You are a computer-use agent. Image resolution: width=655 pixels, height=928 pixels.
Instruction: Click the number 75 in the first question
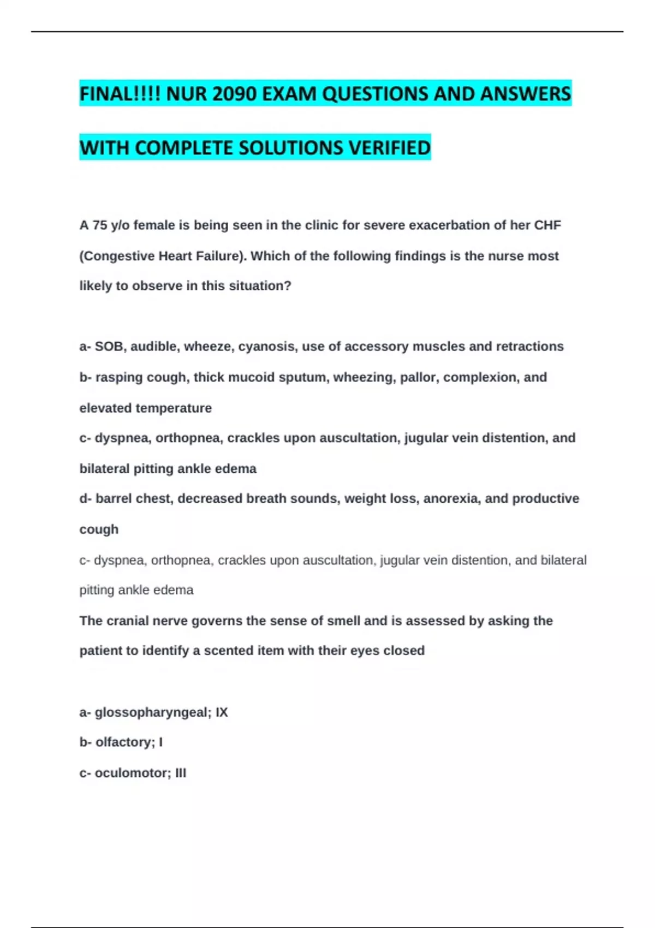point(100,225)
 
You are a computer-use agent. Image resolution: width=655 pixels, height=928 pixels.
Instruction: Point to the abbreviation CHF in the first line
point(547,225)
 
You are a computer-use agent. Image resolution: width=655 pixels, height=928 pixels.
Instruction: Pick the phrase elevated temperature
point(145,408)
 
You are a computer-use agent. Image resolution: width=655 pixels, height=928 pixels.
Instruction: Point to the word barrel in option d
point(113,499)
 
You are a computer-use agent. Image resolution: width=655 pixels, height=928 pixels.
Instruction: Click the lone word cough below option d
point(99,530)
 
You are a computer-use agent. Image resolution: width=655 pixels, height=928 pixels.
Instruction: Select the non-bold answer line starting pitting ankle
point(136,590)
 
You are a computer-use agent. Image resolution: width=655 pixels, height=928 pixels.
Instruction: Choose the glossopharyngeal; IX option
point(153,712)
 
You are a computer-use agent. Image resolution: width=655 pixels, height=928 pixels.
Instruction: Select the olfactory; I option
point(121,742)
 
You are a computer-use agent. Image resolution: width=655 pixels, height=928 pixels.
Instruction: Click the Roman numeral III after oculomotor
point(181,773)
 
